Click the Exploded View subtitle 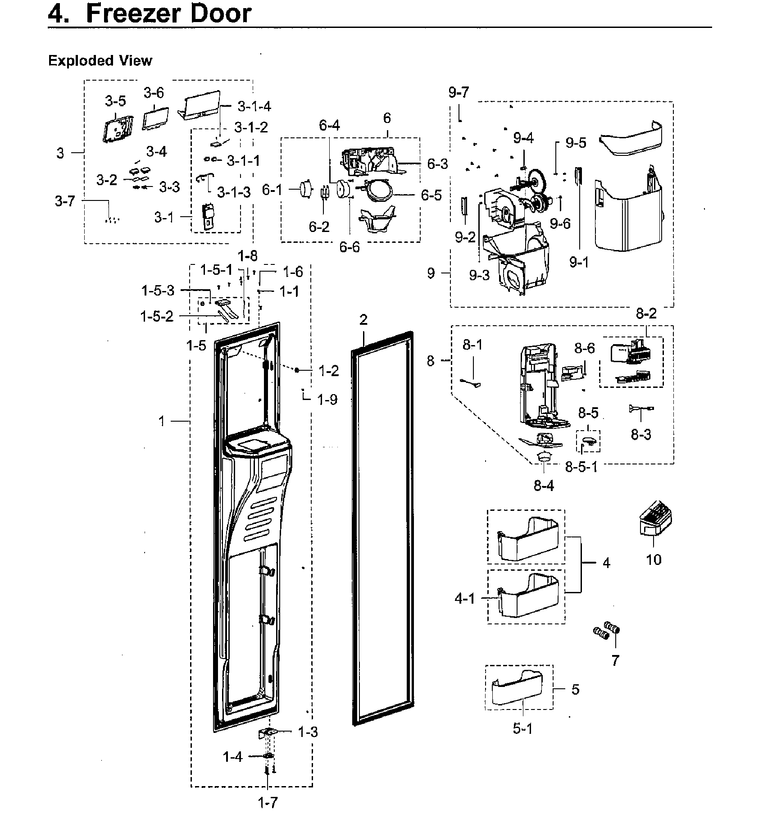(x=100, y=60)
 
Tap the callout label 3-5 (x=115, y=101)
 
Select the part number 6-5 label (x=431, y=195)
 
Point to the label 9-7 (x=459, y=92)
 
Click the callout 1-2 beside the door (x=328, y=371)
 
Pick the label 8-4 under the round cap (x=544, y=485)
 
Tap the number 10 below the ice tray (x=654, y=559)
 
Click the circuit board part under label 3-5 (x=117, y=129)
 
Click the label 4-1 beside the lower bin (x=465, y=599)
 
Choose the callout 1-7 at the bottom (x=268, y=802)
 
